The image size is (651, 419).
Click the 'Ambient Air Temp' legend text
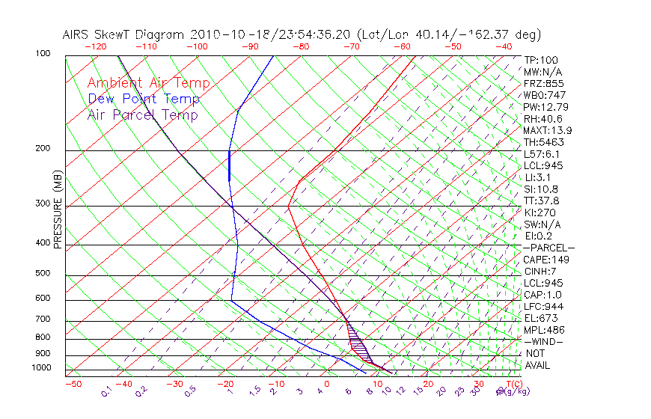coord(148,83)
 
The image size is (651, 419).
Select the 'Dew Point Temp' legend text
coord(144,99)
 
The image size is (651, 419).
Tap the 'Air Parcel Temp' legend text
coord(142,114)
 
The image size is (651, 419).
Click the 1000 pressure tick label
coord(42,368)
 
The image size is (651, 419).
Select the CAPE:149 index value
coord(544,260)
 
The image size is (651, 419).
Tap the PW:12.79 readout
coord(545,107)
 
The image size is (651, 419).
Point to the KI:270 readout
coord(540,212)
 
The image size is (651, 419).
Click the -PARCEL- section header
coord(548,248)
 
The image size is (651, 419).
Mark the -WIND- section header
coord(543,341)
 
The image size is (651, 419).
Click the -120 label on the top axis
coord(96,46)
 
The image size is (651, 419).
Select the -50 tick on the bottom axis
coord(73,384)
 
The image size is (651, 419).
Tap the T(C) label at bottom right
coord(510,384)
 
